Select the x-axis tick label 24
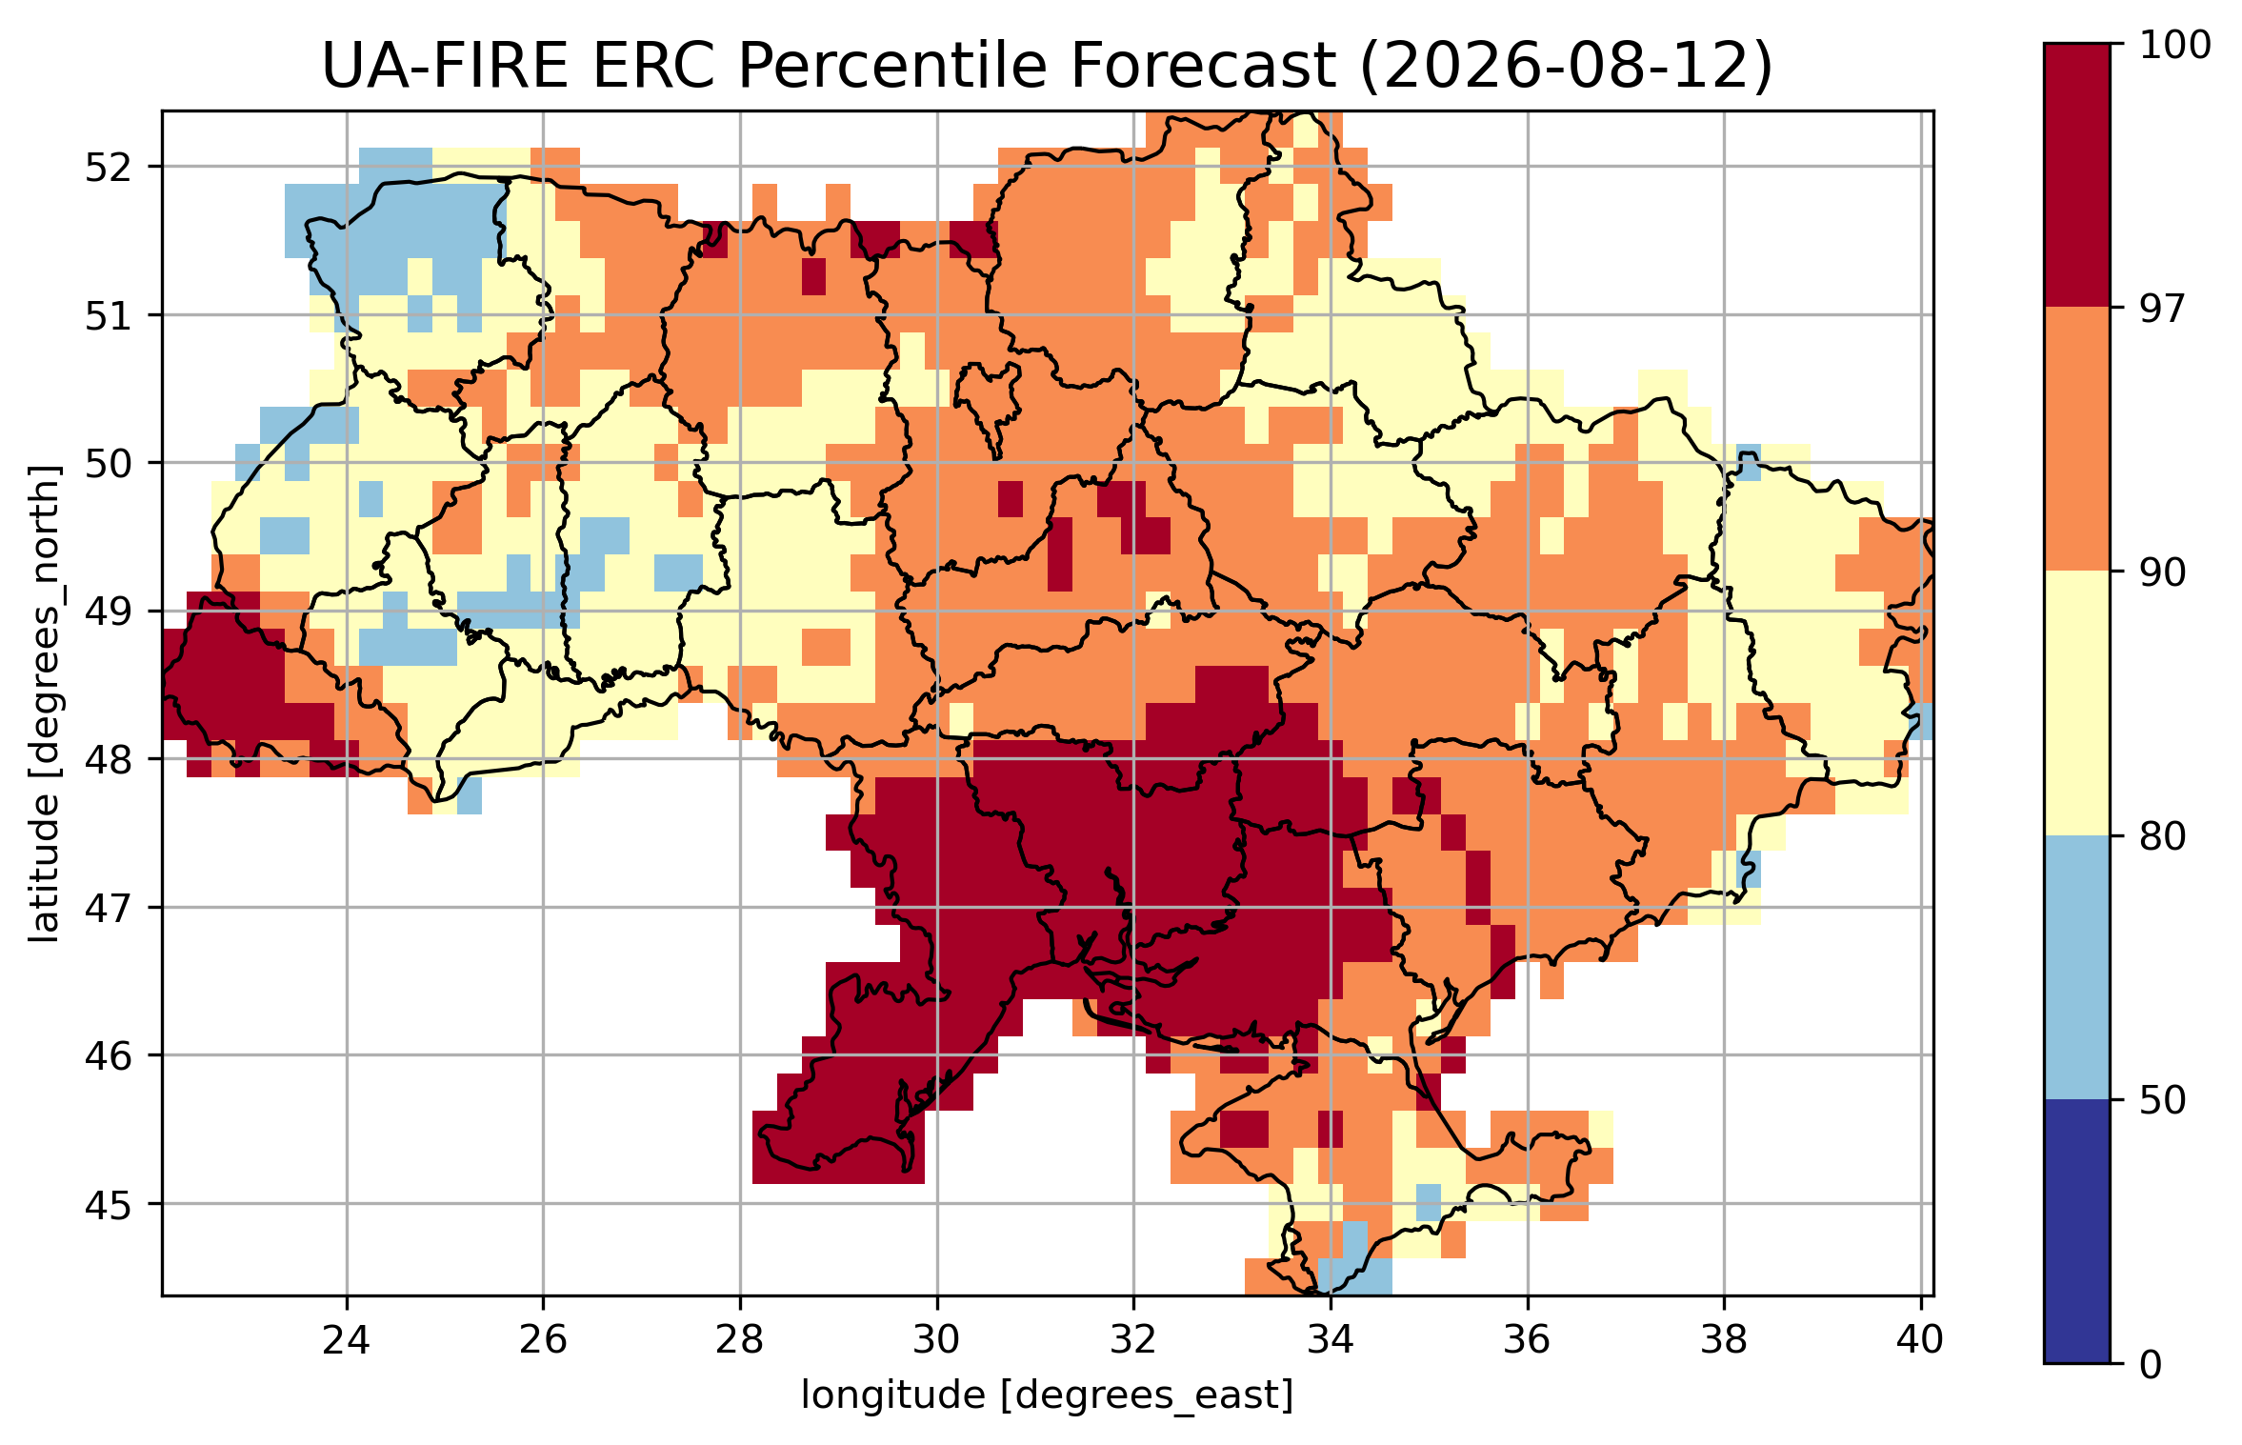tap(346, 1340)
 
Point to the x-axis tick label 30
tap(937, 1340)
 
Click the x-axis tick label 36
tap(1528, 1340)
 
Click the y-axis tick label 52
tap(108, 168)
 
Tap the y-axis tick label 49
tap(108, 612)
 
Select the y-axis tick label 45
tap(108, 1204)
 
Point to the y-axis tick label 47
tap(108, 908)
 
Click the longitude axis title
tap(1048, 1396)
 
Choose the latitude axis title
tap(44, 704)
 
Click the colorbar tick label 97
tap(2162, 309)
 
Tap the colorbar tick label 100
tap(2175, 45)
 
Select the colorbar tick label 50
tap(2162, 1100)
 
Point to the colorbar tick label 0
tap(2151, 1365)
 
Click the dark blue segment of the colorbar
tap(2077, 1232)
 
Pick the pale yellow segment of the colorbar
tap(2077, 703)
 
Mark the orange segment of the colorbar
tap(2077, 439)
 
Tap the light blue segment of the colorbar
tap(2077, 968)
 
